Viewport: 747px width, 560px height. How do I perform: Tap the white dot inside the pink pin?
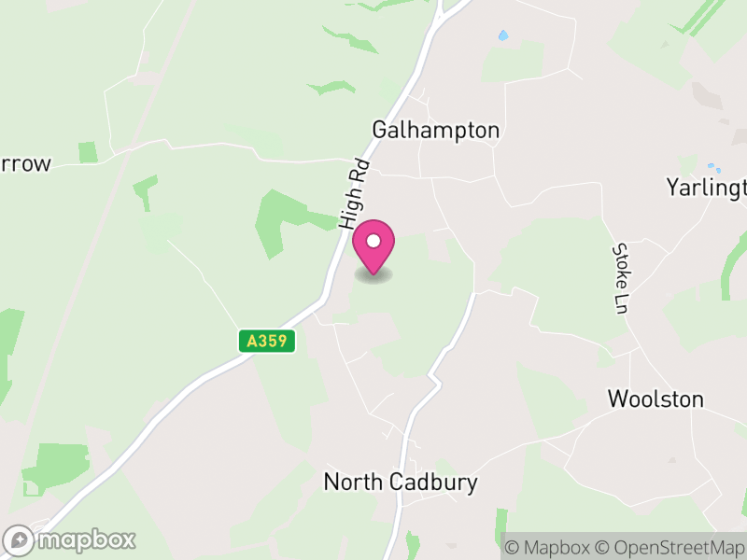373,242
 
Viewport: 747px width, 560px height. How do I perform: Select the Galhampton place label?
436,130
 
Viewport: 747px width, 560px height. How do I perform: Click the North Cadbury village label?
400,482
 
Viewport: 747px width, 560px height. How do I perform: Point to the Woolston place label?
655,399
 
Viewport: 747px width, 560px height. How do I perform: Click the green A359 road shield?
266,342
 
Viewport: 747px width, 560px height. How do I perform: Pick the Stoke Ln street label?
621,277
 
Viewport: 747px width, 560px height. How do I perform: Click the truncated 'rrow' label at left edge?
25,164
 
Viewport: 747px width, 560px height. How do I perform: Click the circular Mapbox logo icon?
19,540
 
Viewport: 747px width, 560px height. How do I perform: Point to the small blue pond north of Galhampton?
503,35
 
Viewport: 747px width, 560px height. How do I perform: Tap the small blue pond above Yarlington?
711,168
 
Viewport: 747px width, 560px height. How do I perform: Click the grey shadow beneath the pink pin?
373,275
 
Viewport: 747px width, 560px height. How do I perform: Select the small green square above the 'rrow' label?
88,152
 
